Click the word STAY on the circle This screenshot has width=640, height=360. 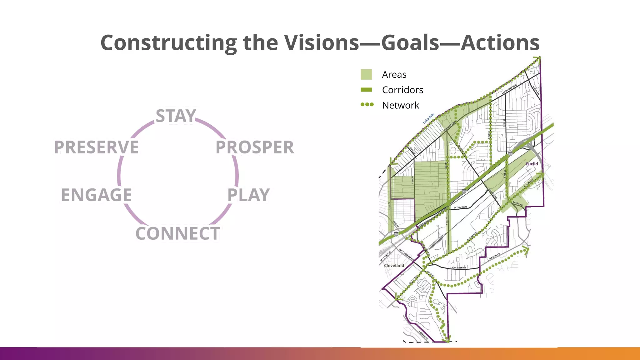176,116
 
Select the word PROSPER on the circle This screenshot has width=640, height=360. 255,147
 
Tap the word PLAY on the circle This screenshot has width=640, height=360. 248,195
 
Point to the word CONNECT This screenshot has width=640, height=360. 177,233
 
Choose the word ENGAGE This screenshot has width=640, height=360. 96,195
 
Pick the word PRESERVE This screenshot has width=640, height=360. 96,147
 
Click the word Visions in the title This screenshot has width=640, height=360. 322,42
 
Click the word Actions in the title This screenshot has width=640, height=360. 500,42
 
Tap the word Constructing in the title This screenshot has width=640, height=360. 169,42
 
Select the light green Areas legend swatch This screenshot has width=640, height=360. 366,74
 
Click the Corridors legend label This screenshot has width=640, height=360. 402,90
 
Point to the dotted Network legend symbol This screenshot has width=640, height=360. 367,105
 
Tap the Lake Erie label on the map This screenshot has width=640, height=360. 428,119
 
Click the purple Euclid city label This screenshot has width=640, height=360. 532,164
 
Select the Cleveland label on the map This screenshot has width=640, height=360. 394,265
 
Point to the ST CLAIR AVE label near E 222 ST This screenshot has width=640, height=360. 460,207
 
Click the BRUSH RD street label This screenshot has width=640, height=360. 517,203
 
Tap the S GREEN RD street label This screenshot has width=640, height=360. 423,335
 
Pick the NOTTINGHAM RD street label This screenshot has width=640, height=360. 406,254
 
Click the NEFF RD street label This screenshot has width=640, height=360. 396,224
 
